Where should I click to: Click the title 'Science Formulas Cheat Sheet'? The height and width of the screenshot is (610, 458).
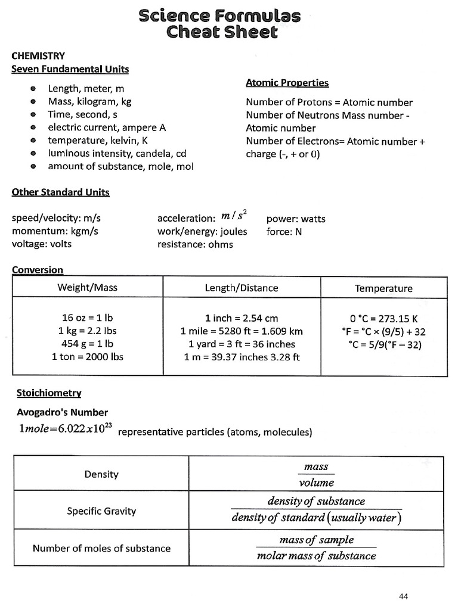(x=219, y=24)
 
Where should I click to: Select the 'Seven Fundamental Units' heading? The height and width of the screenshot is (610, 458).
(x=70, y=69)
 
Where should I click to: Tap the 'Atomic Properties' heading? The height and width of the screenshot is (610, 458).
(x=287, y=83)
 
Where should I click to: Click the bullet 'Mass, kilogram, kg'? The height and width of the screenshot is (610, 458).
(x=89, y=101)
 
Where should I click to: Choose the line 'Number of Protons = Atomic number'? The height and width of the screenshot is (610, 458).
(x=329, y=102)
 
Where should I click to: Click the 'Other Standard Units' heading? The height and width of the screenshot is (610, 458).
(x=61, y=192)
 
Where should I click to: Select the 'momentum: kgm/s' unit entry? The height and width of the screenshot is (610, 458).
(x=55, y=231)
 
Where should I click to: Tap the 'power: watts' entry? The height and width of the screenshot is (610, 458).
(x=296, y=219)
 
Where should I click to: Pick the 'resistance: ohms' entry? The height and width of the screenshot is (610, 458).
(x=195, y=244)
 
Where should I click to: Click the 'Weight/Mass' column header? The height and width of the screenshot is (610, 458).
(x=87, y=288)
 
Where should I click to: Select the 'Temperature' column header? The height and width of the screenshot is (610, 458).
(x=383, y=288)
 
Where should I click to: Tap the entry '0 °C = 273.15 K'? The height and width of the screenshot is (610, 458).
(x=383, y=318)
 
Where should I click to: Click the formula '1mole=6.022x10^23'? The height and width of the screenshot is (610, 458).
(x=63, y=430)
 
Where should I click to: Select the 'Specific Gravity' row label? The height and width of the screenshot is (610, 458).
(x=101, y=511)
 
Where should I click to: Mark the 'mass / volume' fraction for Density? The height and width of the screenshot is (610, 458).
(x=316, y=475)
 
